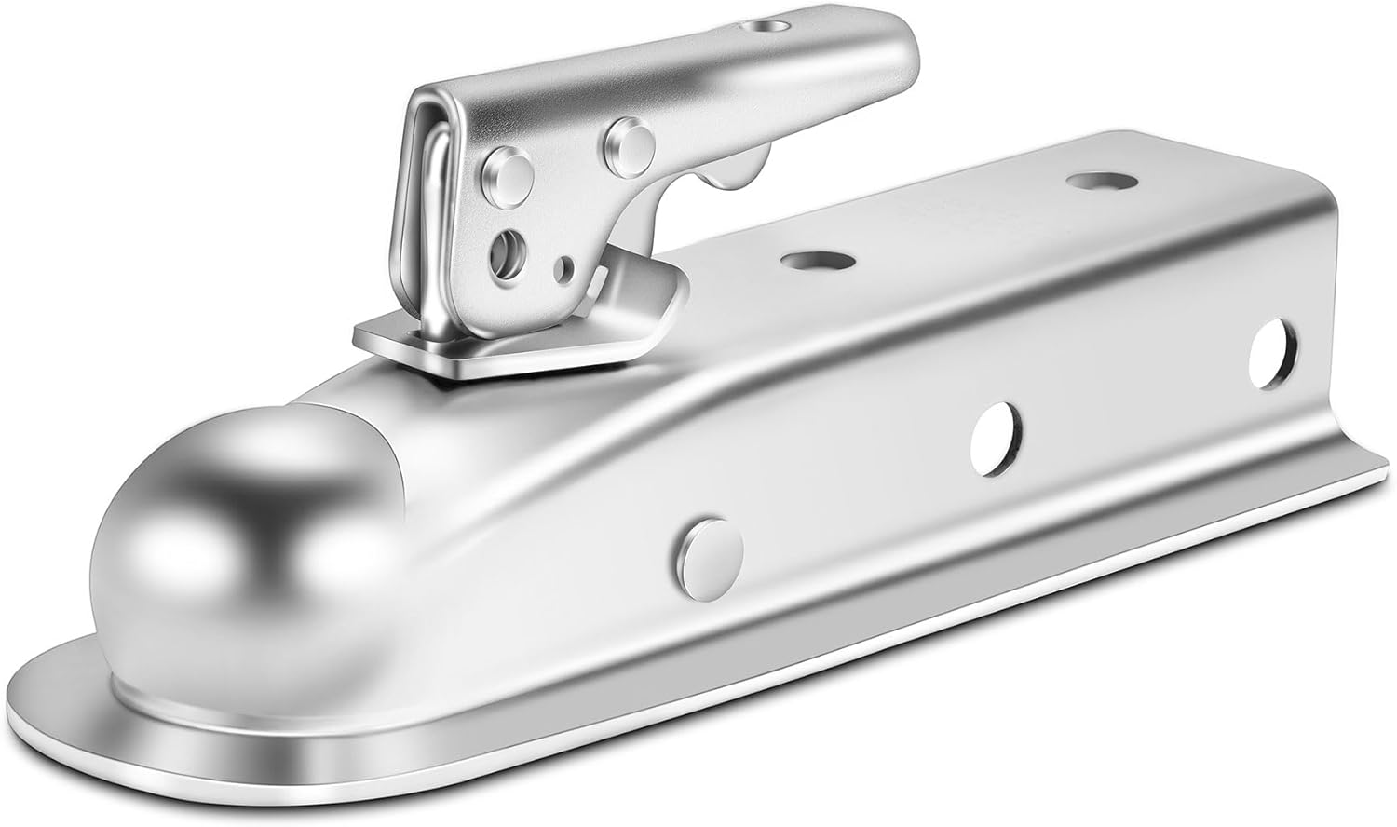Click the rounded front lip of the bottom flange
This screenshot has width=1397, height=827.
pos(93,689)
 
